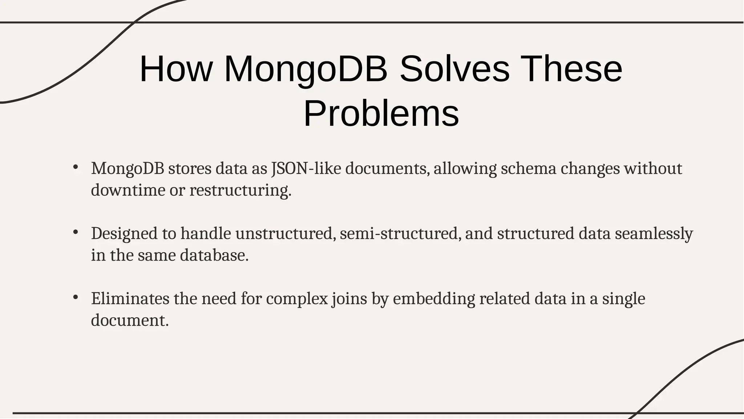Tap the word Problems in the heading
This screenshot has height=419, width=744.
[x=381, y=114]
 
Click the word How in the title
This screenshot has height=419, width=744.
[x=176, y=69]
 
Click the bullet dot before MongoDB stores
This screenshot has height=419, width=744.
[x=76, y=168]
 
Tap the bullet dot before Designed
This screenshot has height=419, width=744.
[x=76, y=232]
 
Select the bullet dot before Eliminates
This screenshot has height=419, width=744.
[x=76, y=297]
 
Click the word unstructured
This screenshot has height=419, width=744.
[x=286, y=233]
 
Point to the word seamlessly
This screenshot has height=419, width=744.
[x=654, y=233]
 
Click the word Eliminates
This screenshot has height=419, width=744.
[x=130, y=299]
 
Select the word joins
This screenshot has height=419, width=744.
[x=349, y=299]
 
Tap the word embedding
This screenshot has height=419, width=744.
[x=434, y=299]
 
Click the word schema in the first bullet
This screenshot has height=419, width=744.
[x=529, y=169]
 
